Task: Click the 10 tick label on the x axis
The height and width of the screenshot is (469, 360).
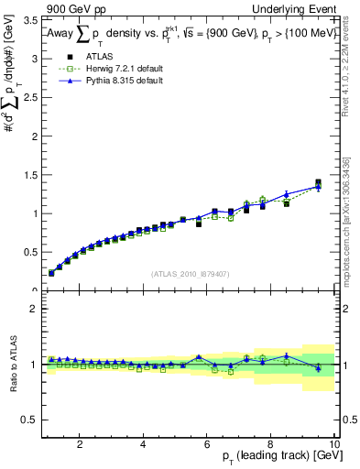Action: (x=334, y=443)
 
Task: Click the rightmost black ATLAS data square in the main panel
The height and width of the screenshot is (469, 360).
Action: (x=318, y=182)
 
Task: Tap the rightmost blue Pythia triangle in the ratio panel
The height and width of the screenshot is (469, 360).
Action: (x=318, y=367)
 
